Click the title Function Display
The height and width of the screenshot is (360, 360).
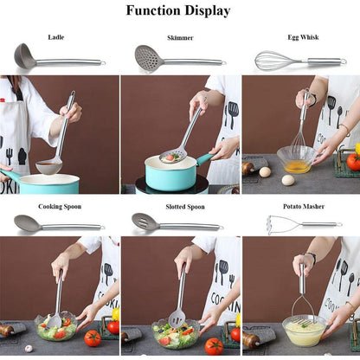point(178,10)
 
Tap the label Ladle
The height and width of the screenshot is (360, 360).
point(56,37)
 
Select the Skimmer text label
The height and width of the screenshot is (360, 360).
point(180,38)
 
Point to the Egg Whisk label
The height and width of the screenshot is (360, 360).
point(303,37)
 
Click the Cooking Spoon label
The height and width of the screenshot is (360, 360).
point(60,207)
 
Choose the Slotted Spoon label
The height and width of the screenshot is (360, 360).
point(185,207)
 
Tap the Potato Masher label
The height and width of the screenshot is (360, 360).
point(304,207)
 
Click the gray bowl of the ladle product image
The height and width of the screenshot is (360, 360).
point(25,56)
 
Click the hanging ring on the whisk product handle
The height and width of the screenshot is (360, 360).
point(344,61)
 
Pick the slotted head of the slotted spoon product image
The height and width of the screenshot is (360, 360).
point(145,222)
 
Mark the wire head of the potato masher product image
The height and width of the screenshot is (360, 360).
point(276,225)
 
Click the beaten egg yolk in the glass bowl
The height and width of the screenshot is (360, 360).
point(297,167)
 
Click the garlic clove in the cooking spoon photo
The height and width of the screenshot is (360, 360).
point(29,349)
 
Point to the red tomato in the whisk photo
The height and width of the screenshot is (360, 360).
point(353,162)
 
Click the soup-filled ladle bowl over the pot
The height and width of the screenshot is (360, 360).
point(48,167)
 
